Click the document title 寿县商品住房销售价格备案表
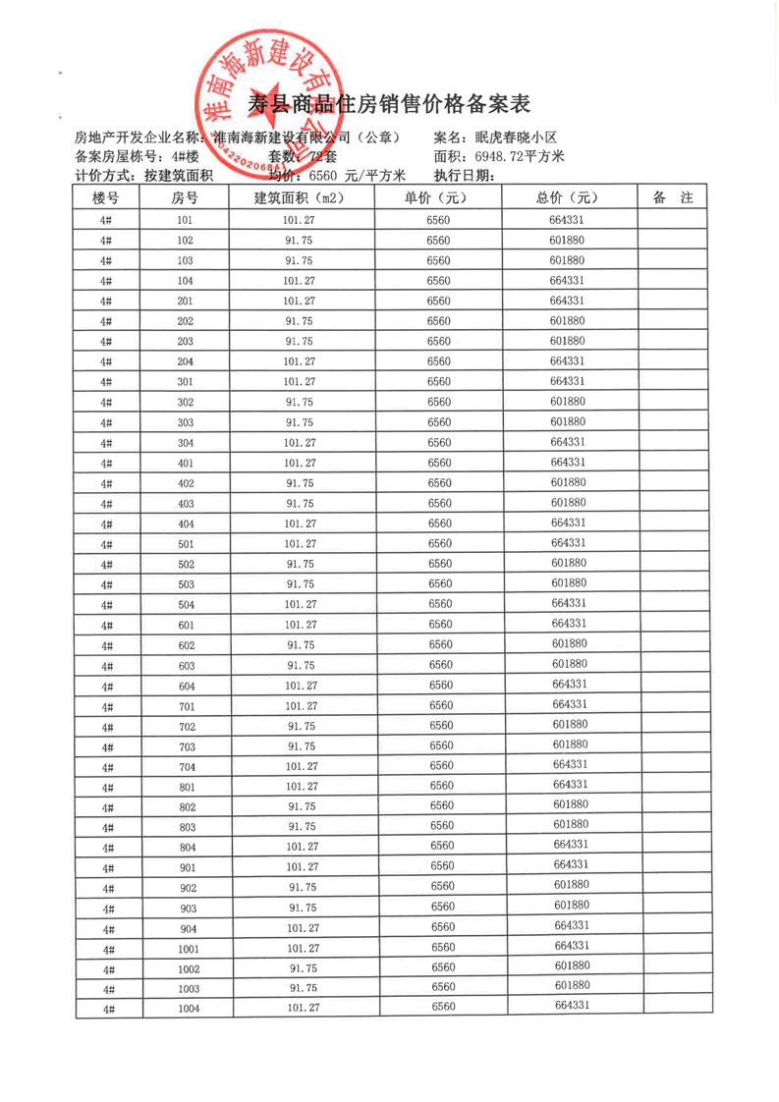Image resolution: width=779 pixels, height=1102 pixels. click(389, 102)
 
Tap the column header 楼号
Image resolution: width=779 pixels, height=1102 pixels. click(106, 197)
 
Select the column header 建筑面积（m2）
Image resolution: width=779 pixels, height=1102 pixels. click(300, 197)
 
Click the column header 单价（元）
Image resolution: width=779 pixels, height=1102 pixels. click(437, 197)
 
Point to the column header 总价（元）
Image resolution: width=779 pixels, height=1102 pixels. click(568, 197)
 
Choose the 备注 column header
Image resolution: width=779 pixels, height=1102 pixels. click(672, 197)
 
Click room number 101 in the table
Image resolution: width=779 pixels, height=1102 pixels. click(185, 220)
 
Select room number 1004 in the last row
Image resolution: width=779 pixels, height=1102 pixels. click(189, 1009)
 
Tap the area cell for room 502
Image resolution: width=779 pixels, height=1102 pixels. click(301, 564)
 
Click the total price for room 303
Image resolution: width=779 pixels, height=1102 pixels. click(569, 420)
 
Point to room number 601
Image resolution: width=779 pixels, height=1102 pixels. click(187, 625)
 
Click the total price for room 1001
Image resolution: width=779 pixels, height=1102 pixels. click(571, 945)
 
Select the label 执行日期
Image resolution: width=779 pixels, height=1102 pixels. click(463, 176)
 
